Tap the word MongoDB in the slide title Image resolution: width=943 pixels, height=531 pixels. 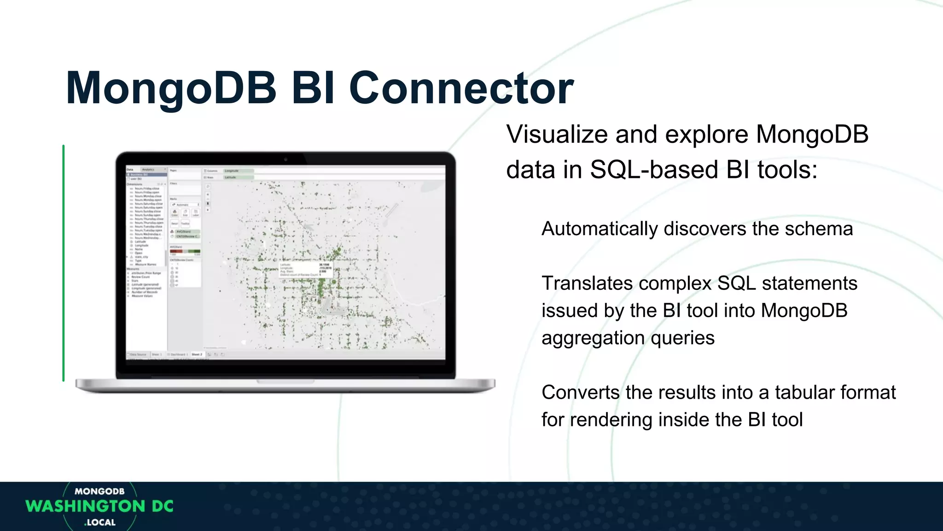click(x=171, y=88)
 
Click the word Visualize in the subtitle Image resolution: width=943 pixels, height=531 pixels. click(x=557, y=135)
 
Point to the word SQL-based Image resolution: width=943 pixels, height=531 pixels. click(x=654, y=170)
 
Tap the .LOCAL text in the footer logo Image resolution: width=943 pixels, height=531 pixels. click(x=100, y=522)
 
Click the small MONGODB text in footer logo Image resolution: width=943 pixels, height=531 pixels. click(x=99, y=491)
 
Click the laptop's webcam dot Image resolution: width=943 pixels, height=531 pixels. click(x=285, y=159)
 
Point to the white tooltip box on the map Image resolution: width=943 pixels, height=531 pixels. click(x=305, y=270)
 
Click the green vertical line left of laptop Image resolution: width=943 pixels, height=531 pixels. click(x=64, y=263)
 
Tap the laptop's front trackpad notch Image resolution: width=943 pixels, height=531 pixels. click(x=285, y=382)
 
